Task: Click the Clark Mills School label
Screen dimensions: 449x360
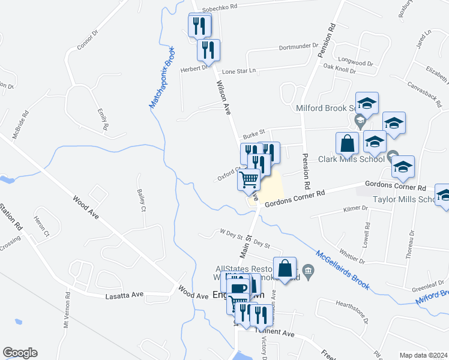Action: (352, 159)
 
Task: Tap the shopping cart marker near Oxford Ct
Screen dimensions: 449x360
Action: (249, 179)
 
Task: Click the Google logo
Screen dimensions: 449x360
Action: (20, 353)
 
